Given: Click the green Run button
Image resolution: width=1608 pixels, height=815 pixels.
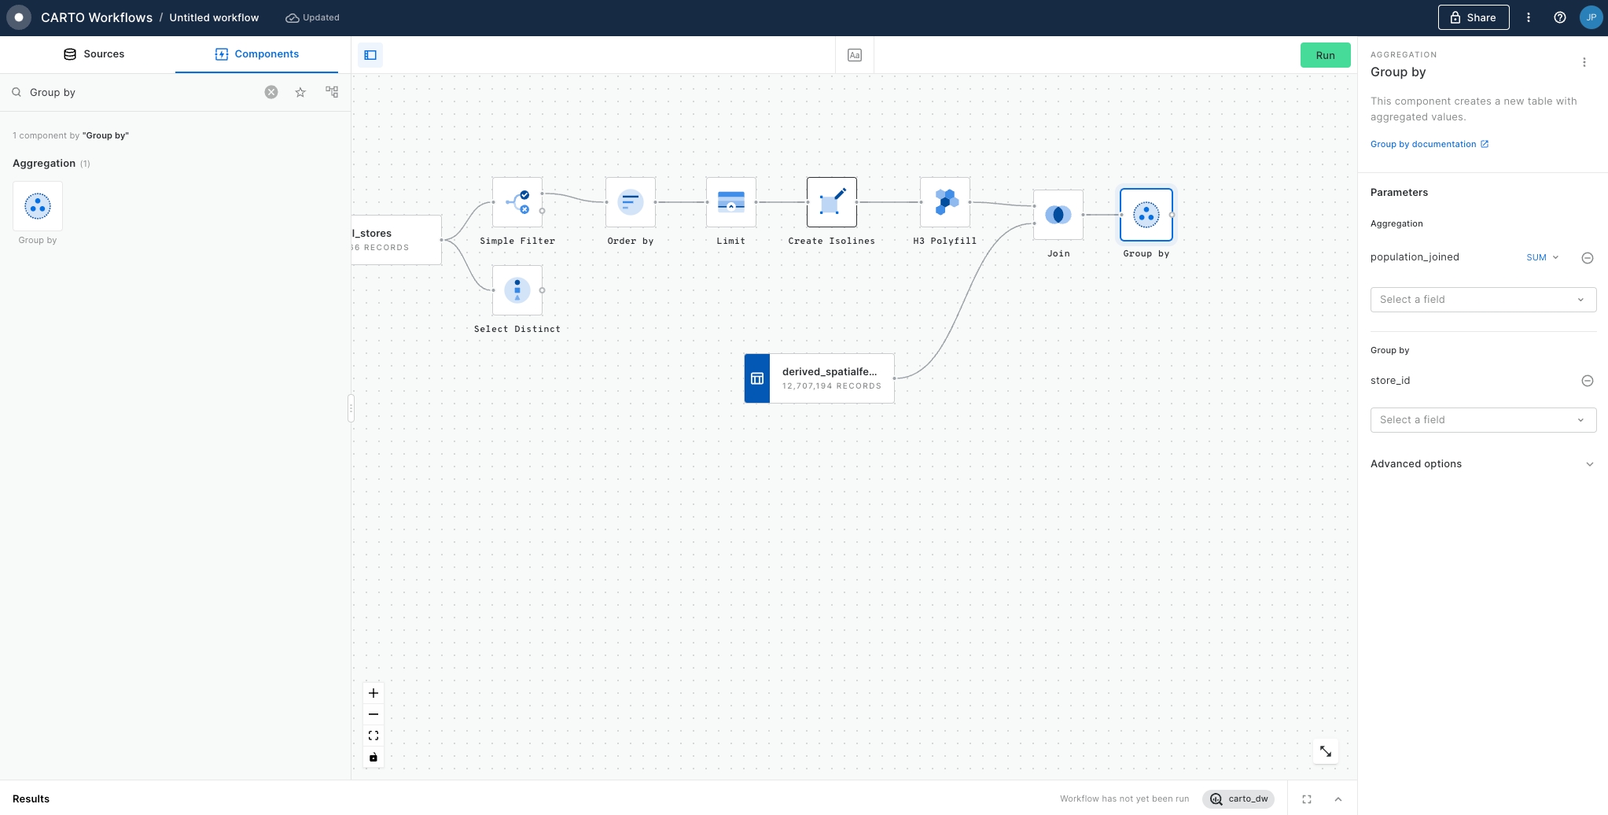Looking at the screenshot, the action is tap(1325, 55).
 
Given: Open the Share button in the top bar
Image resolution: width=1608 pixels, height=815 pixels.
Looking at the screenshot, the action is tap(1474, 17).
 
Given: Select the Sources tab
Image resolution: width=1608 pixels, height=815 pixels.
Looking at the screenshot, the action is tap(94, 54).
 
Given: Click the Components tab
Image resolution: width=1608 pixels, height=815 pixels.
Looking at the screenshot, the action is tap(256, 54).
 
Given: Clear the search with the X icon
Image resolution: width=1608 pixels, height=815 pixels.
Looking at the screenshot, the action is tap(271, 92).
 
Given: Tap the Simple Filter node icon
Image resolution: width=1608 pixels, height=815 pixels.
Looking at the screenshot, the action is tap(517, 202).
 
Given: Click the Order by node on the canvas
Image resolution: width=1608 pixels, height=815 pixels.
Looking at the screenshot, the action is tap(631, 202).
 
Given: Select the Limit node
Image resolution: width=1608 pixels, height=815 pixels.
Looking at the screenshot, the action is tap(731, 202).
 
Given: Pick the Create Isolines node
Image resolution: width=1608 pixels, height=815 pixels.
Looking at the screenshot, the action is tap(832, 202).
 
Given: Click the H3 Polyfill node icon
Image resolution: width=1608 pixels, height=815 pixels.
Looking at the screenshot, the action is tap(945, 202).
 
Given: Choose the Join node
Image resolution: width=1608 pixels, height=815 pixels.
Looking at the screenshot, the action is tap(1058, 215).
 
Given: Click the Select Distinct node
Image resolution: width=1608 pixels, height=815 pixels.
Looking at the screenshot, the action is tap(517, 290).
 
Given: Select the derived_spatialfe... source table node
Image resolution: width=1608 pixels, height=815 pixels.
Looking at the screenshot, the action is tap(819, 378).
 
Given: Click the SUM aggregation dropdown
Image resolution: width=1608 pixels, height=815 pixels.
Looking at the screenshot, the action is tap(1542, 257).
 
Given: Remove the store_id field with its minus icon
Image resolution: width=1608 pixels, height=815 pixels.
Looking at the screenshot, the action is tap(1588, 381).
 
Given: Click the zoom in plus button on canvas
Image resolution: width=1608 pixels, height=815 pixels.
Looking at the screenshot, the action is tap(373, 693).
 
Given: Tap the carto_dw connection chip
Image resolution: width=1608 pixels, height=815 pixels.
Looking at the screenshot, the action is tap(1238, 798).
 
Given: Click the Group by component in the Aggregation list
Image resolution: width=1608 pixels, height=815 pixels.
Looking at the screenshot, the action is tap(38, 206).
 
